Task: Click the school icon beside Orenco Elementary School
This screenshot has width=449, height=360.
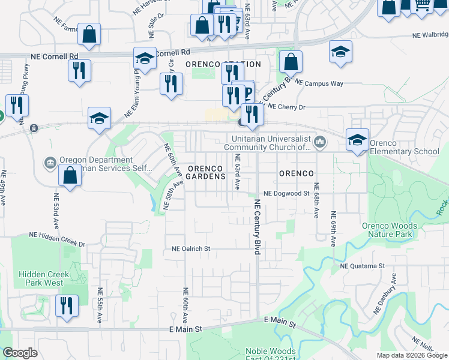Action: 357,140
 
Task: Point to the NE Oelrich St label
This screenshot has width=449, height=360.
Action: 190,248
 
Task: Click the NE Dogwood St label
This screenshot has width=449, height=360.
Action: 286,193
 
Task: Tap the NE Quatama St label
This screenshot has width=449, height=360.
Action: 362,265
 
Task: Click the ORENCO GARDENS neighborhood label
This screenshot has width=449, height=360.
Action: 205,172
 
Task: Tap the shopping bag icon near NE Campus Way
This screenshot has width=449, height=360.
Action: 291,62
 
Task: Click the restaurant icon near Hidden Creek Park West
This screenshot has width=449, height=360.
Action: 67,305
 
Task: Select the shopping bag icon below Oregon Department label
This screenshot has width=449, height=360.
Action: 70,176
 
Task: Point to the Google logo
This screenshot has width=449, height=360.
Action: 20,353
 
